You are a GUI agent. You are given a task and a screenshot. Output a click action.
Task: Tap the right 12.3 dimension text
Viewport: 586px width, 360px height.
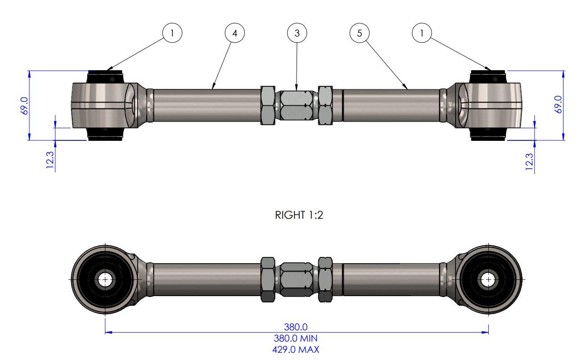529,162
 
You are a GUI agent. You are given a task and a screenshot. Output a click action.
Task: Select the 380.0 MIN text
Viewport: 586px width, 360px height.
297,338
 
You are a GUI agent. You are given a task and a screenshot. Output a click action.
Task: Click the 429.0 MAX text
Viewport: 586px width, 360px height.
297,349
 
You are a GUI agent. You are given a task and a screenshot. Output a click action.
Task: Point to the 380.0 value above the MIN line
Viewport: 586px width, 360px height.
297,327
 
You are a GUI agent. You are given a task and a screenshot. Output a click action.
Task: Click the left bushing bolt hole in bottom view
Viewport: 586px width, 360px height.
105,279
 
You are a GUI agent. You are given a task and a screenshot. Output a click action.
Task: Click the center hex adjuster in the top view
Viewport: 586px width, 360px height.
297,105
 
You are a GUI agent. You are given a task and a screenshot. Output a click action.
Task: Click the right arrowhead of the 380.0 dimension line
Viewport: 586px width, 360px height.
486,333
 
